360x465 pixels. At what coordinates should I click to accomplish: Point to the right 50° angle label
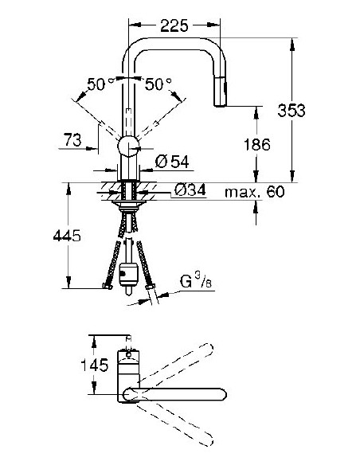click(159, 83)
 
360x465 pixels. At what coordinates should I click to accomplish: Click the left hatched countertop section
click(108, 191)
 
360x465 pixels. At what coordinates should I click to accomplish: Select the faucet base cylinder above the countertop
click(129, 168)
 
